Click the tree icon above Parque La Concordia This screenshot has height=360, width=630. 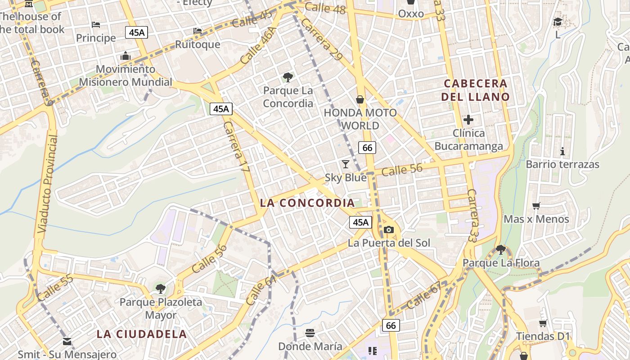click(288, 77)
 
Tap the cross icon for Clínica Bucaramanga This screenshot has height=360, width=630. click(468, 120)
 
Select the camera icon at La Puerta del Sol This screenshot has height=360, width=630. click(389, 230)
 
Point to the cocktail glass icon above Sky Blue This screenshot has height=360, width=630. click(346, 164)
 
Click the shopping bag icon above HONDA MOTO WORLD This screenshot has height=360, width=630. click(360, 99)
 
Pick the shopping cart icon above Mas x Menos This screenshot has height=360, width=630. click(536, 206)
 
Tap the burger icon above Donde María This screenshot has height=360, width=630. click(310, 333)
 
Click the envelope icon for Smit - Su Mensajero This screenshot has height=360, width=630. click(67, 342)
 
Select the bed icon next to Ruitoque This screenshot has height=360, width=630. click(198, 31)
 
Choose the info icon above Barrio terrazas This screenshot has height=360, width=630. click(562, 151)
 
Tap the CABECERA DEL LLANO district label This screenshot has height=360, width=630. click(475, 90)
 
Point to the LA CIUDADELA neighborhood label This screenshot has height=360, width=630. click(142, 334)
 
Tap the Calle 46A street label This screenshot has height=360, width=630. click(257, 45)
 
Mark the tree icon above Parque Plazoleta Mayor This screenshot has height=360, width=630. click(161, 288)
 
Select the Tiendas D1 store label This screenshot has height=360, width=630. click(543, 336)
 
